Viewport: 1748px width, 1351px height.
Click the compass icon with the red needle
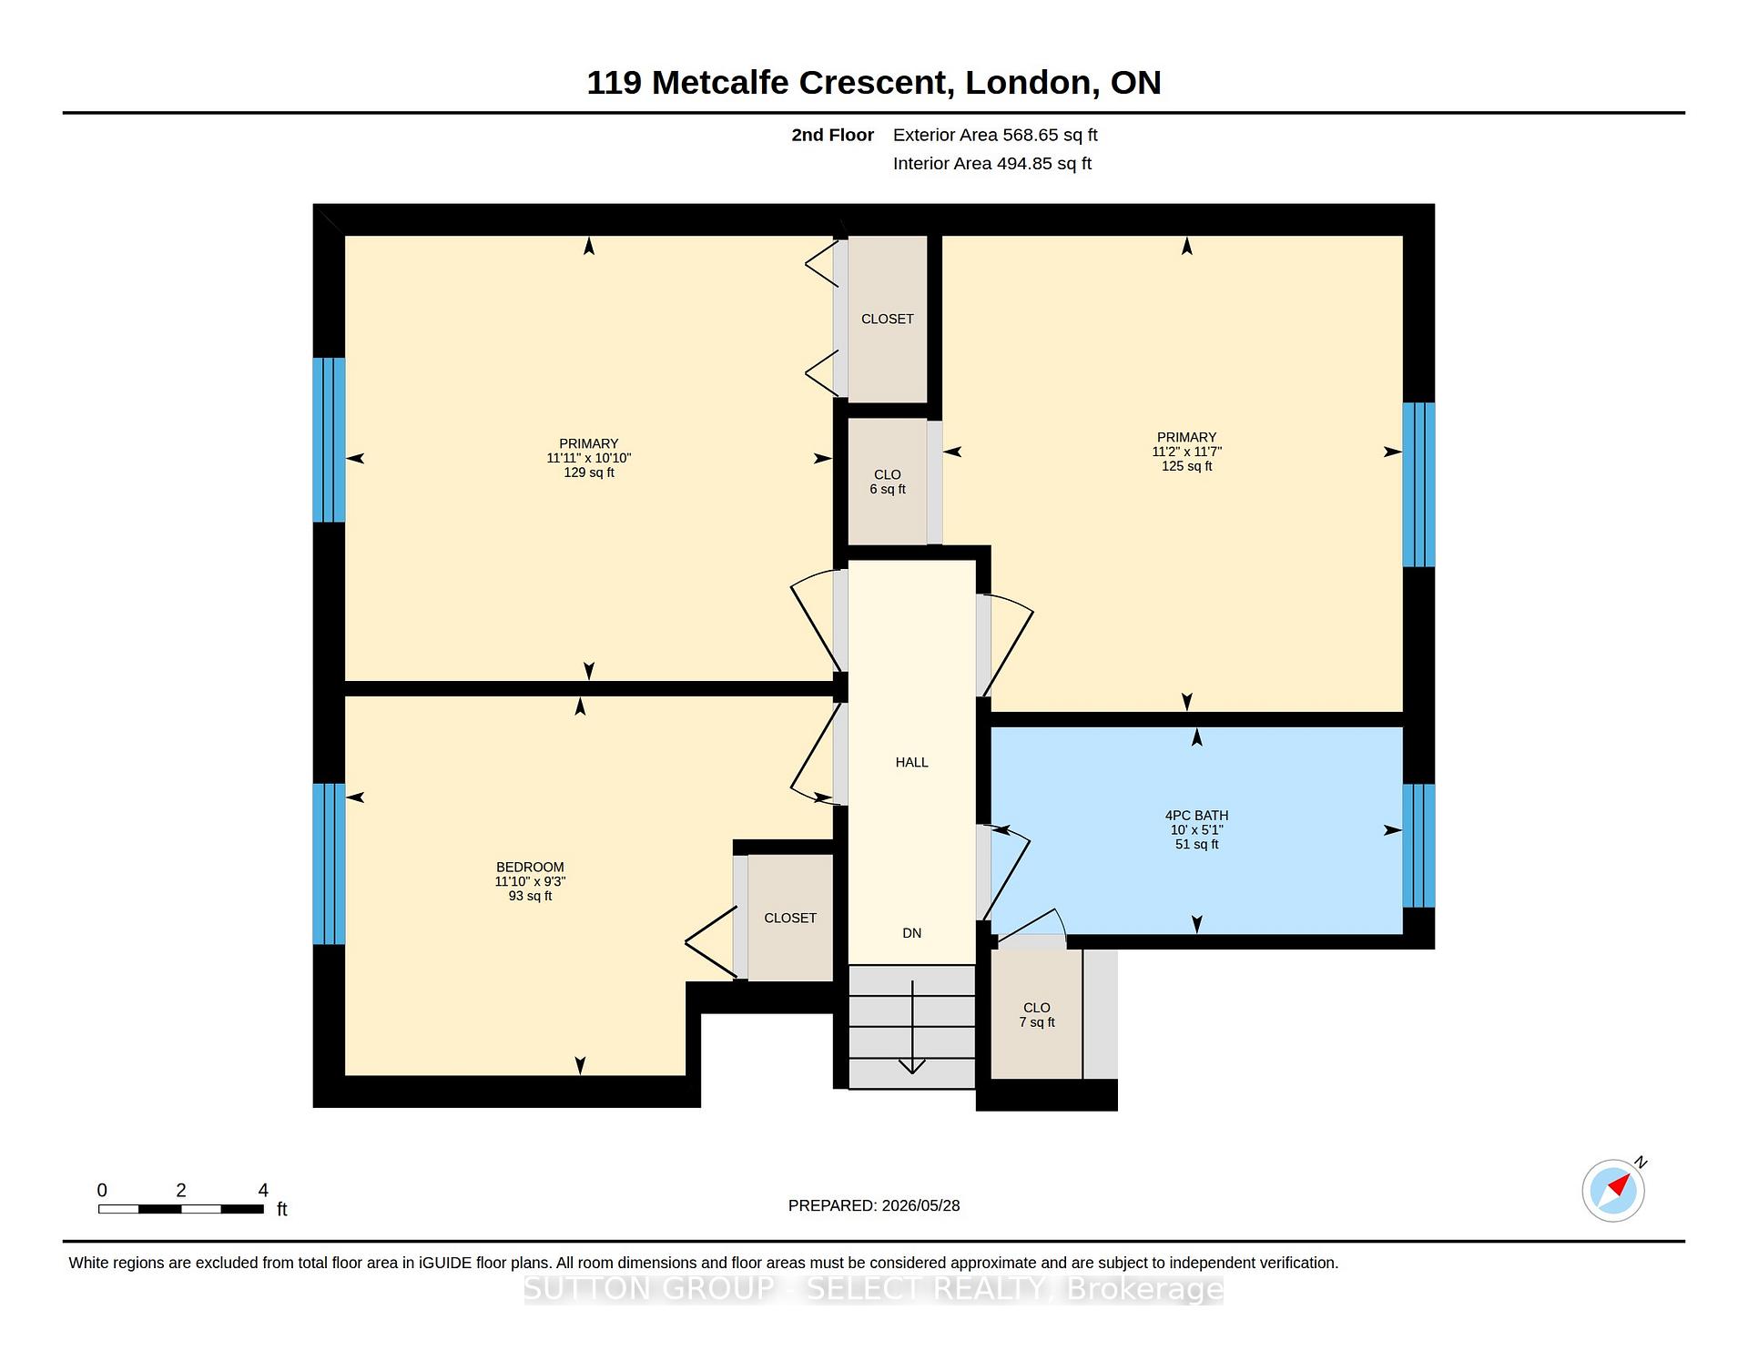click(x=1613, y=1190)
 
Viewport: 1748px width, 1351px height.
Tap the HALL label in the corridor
click(x=911, y=763)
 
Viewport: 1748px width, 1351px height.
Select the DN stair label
click(x=911, y=933)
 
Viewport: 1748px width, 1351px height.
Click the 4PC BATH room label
click(x=1196, y=816)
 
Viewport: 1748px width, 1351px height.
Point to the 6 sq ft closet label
click(x=888, y=489)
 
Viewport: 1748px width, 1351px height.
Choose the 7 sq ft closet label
click(x=1037, y=1022)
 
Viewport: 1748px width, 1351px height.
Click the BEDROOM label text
click(x=530, y=868)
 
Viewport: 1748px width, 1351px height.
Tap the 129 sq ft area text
click(x=589, y=472)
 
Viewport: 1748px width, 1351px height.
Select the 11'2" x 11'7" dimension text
click(x=1186, y=452)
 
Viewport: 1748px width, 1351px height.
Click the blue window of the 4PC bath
click(x=1418, y=846)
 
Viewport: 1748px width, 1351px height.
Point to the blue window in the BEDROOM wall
click(x=329, y=864)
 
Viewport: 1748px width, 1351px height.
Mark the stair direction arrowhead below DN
click(x=911, y=1066)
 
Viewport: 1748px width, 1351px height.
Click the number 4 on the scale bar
click(x=263, y=1190)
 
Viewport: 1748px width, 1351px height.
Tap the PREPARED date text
click(x=874, y=1205)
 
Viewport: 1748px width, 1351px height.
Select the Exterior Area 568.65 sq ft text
click(x=995, y=135)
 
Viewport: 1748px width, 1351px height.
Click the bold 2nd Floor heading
click(x=832, y=135)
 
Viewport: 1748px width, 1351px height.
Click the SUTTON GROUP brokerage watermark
click(x=874, y=1289)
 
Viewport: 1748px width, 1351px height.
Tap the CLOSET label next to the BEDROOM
click(x=790, y=919)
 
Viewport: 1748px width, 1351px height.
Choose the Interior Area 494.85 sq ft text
click(x=992, y=164)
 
